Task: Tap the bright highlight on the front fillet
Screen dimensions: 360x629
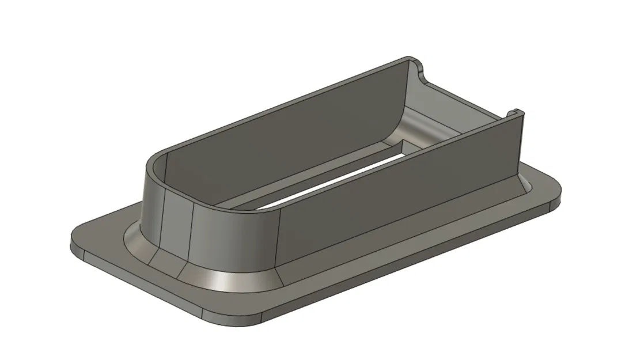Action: (222, 282)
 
